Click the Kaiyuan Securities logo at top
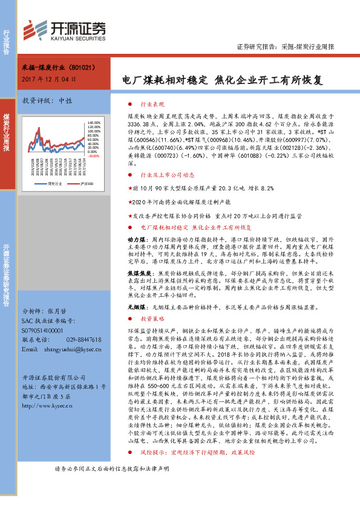click(64, 28)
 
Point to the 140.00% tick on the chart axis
click(94, 114)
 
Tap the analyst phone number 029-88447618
click(81, 340)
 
